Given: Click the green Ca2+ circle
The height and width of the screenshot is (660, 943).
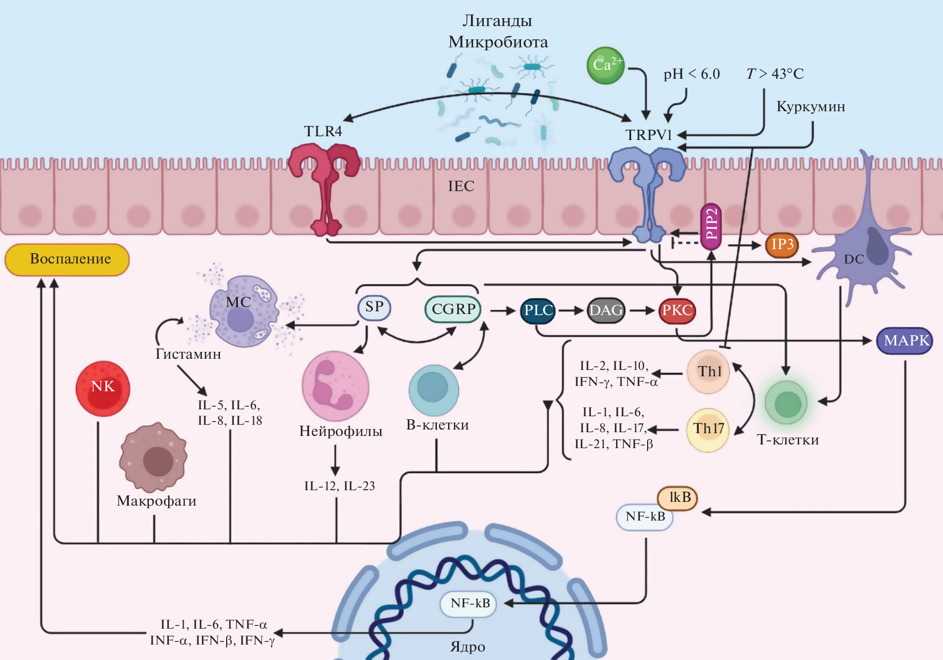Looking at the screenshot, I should tap(606, 65).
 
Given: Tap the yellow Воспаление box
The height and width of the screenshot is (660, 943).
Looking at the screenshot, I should tap(68, 260).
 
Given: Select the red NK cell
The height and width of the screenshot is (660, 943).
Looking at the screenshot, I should tap(103, 388).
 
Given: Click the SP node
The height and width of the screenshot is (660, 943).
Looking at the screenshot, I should tap(374, 308).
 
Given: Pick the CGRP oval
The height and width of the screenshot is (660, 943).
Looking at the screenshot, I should tap(453, 309).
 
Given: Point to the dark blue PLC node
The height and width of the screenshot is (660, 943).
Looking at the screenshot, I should tap(537, 310).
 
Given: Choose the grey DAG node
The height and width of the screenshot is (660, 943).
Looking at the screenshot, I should tap(606, 310).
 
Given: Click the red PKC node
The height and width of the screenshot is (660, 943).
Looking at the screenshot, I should tap(677, 310).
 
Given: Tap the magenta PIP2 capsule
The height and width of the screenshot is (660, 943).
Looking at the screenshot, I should tap(711, 226).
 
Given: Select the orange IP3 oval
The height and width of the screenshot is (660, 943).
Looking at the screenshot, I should tap(782, 245).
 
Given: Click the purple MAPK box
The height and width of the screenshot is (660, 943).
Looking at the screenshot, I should tap(905, 341).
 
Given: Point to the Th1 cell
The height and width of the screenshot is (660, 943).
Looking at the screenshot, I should tap(708, 372).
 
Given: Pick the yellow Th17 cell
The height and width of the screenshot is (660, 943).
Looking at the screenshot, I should tap(708, 430).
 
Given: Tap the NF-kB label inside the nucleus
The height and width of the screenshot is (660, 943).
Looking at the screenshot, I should tap(469, 604).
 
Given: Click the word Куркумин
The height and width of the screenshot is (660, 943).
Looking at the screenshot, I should tap(810, 107).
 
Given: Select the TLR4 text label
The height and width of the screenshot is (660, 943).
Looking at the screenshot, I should tap(322, 131).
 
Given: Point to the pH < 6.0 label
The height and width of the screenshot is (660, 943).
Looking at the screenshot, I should tap(691, 74).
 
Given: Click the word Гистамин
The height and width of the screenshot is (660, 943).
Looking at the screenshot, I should tap(188, 354).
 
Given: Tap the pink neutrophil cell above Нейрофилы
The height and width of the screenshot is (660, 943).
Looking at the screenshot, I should tap(335, 385).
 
